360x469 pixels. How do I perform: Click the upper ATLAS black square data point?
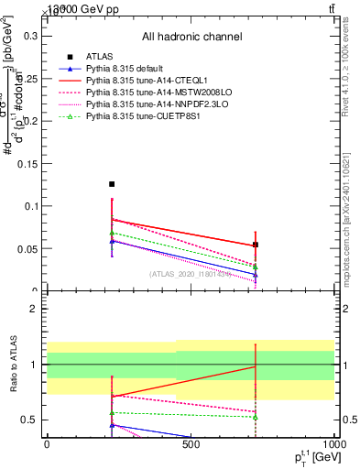pyautogui.click(x=112, y=184)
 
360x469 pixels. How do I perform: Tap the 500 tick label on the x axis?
pyautogui.click(x=191, y=444)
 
